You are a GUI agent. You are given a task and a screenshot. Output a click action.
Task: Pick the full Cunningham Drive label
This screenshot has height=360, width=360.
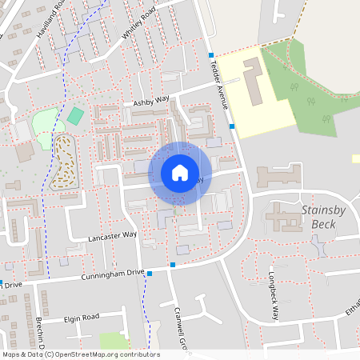click(113, 274)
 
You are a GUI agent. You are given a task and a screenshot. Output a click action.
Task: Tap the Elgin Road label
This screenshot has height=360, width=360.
click(81, 318)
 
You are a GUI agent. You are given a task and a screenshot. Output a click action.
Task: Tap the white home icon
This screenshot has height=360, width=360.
click(180, 172)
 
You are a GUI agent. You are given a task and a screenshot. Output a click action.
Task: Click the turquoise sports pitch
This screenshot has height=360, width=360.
click(75, 115)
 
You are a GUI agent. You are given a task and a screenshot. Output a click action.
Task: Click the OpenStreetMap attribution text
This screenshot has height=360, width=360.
click(81, 354)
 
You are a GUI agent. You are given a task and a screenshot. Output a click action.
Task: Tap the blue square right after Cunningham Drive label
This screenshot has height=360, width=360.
click(150, 273)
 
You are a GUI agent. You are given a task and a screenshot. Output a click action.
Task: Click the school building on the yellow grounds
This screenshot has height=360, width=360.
click(252, 79)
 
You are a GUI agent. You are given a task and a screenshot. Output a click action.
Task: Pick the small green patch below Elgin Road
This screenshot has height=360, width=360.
click(114, 342)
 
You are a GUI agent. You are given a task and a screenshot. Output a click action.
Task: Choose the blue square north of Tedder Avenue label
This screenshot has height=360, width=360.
click(211, 55)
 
